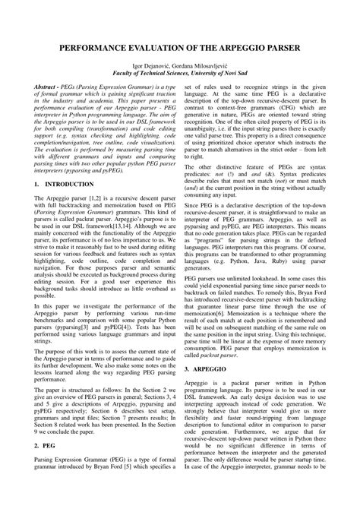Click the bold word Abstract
click(x=48, y=89)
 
